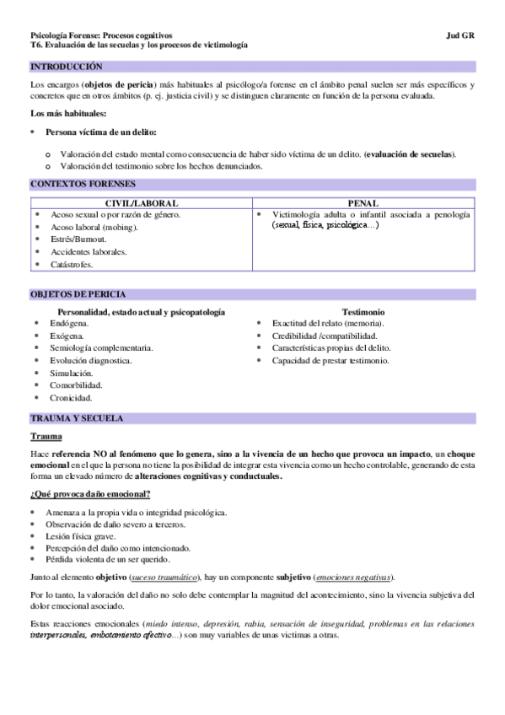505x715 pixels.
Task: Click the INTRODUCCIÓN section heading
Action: point(66,66)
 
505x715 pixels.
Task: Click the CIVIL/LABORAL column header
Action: point(140,203)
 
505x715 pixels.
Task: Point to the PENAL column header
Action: point(363,203)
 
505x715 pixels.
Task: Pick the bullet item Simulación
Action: point(72,373)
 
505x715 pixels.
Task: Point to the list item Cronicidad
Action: point(71,398)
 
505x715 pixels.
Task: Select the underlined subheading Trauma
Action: point(45,437)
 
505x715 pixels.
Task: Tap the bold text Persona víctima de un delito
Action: point(102,132)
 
